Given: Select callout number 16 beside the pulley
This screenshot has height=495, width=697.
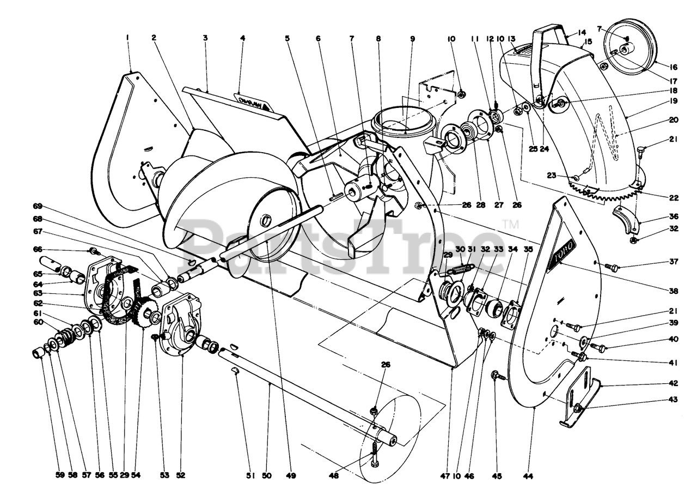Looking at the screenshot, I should [673, 68].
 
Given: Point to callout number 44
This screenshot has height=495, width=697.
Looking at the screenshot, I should [527, 476].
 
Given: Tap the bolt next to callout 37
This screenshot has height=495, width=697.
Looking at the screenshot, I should [612, 267].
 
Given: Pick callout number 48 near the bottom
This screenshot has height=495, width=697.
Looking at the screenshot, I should [334, 476].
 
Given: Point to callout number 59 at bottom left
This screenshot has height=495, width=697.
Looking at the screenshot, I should [60, 475].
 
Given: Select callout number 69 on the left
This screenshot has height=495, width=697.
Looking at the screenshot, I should [37, 206].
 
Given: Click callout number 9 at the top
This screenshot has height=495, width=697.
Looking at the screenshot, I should [412, 39].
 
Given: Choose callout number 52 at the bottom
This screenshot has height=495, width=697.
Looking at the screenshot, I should [181, 475].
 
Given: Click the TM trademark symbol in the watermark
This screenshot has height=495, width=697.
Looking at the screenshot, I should [510, 223].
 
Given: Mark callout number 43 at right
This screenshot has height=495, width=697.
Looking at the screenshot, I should [673, 400].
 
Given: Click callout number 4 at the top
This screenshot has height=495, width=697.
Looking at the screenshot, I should [242, 38].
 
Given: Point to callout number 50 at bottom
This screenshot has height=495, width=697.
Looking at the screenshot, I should [266, 476].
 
